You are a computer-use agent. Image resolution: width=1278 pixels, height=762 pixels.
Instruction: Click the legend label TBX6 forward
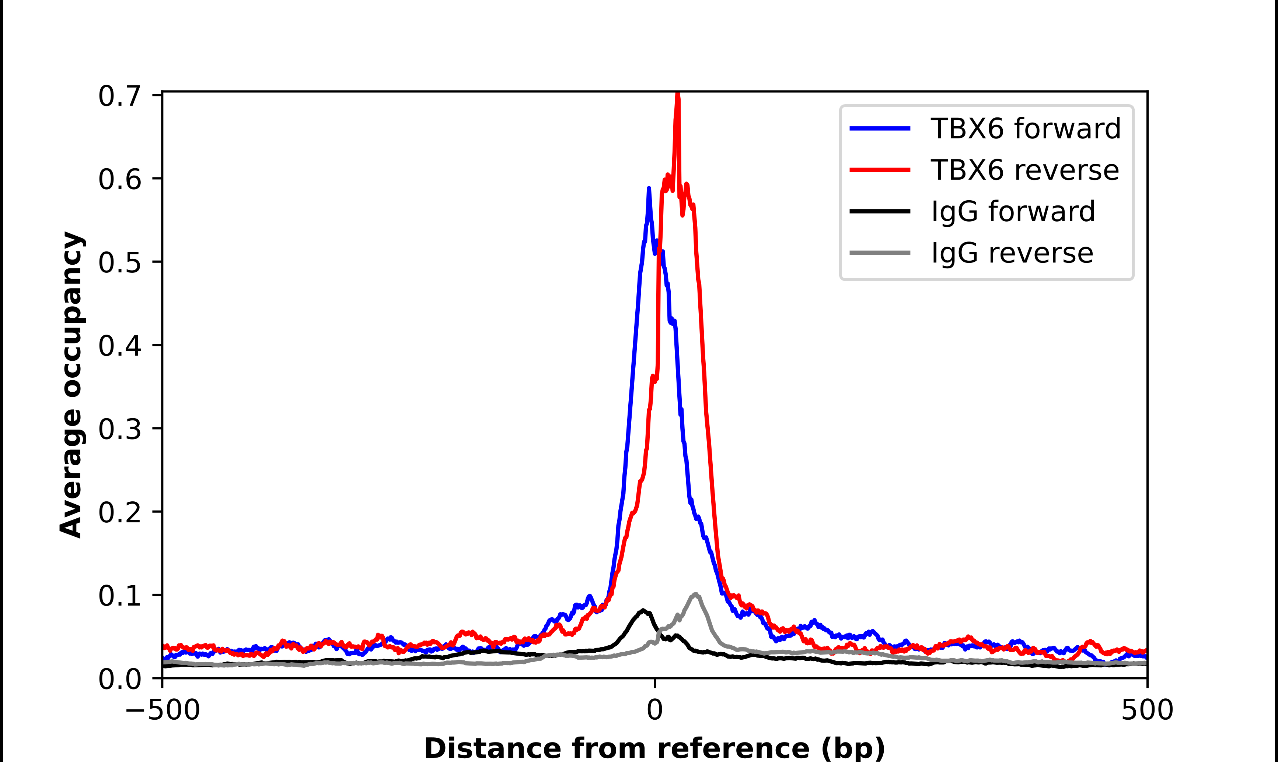[x=1025, y=128]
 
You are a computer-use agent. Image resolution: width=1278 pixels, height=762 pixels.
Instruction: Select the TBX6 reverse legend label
[x=1024, y=170]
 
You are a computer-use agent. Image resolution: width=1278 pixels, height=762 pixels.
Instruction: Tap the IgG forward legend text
[x=1013, y=212]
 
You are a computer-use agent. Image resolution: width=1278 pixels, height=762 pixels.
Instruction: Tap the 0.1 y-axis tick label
[x=119, y=596]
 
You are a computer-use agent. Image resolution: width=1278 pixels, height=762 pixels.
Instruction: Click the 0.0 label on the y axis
[x=119, y=679]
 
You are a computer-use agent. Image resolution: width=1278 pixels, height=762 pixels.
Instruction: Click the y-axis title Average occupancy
[x=71, y=385]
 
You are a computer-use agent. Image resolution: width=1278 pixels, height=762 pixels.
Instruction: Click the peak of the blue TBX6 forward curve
[x=649, y=189]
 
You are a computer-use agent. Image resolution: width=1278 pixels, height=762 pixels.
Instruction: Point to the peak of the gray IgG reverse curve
[x=695, y=594]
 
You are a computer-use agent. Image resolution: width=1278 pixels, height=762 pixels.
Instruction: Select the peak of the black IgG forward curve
[x=643, y=611]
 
